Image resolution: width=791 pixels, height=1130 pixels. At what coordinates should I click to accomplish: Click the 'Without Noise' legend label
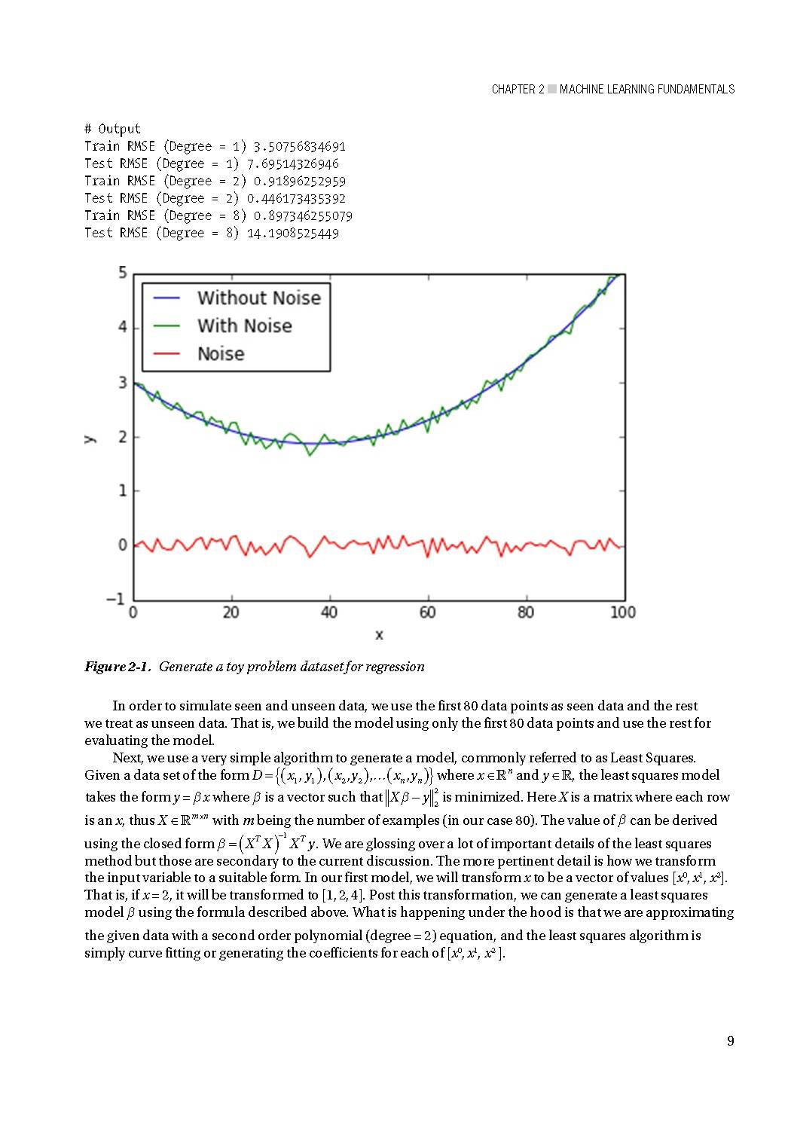point(258,298)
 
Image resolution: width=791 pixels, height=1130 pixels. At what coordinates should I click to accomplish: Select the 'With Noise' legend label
point(244,326)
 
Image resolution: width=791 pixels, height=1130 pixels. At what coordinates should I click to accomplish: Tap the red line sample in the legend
point(166,354)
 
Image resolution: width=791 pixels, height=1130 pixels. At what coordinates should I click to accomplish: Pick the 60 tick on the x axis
point(427,612)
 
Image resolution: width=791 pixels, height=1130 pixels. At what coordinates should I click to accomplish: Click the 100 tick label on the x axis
point(623,612)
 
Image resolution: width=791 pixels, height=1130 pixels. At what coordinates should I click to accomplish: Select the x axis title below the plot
point(379,635)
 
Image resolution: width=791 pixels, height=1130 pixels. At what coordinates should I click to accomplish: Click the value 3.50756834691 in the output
point(299,146)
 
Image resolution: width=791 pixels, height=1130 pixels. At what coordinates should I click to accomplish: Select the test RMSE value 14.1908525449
point(292,233)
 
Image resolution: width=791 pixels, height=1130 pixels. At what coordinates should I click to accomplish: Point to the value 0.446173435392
point(296,198)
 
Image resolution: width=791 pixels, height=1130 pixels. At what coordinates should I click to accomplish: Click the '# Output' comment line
point(112,129)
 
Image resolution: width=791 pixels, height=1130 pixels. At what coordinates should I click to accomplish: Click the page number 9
point(730,1041)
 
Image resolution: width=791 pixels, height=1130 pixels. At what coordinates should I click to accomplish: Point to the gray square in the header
point(552,89)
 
